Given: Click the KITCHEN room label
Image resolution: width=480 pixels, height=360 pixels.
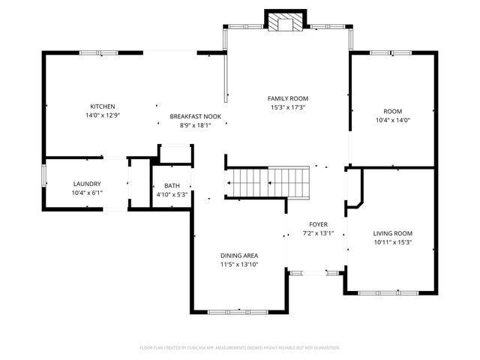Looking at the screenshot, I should tap(103, 106).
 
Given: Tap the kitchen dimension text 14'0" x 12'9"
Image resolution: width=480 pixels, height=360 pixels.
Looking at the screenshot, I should tap(103, 115).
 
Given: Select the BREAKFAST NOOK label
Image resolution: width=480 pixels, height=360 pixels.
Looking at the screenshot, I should tap(195, 116).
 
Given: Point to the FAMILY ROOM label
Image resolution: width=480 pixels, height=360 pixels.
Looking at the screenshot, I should tap(288, 98).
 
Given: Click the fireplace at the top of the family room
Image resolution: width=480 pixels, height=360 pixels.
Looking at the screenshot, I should tap(283, 23).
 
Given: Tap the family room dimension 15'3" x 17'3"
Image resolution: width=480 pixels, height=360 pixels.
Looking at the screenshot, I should tap(288, 107).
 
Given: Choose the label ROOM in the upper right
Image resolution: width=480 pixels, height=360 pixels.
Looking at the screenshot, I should tap(393, 111).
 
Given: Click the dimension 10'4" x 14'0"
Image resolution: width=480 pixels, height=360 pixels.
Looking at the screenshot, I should tap(393, 120).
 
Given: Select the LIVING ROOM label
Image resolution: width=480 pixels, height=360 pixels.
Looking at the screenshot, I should tap(393, 233).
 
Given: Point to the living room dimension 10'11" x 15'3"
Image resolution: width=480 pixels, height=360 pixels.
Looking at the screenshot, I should tap(393, 242).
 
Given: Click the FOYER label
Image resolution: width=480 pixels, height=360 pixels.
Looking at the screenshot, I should tap(319, 224).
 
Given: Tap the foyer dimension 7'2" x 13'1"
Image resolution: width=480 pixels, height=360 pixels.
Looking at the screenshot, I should tap(319, 233).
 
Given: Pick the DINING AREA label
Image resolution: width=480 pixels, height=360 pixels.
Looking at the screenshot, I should tap(239, 255).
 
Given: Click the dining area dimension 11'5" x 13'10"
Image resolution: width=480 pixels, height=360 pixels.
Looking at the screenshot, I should tap(239, 264).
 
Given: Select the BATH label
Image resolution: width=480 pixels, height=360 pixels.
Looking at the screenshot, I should tap(172, 186).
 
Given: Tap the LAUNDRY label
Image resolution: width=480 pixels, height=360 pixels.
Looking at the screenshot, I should tap(87, 184).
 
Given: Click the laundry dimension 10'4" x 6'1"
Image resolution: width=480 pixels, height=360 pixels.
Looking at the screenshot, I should tap(87, 193).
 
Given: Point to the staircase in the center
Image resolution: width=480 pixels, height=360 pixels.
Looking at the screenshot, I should tap(268, 181).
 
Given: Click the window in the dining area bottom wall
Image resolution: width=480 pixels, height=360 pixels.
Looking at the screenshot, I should tap(238, 311).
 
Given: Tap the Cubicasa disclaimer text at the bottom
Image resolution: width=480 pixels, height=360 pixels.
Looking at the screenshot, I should tap(240, 347).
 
